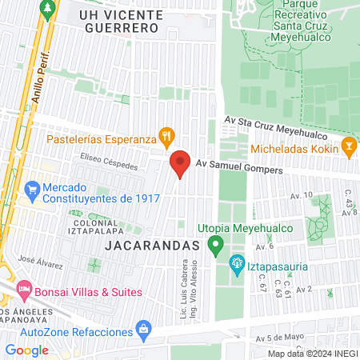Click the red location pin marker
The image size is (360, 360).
coord(180,164)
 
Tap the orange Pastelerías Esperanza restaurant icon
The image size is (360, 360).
coord(166,137)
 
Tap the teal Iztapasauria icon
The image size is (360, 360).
coord(237,262)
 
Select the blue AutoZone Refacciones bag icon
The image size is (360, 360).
coord(143,328)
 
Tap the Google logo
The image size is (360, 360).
coord(26,350)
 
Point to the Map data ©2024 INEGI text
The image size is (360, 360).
coord(311,354)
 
